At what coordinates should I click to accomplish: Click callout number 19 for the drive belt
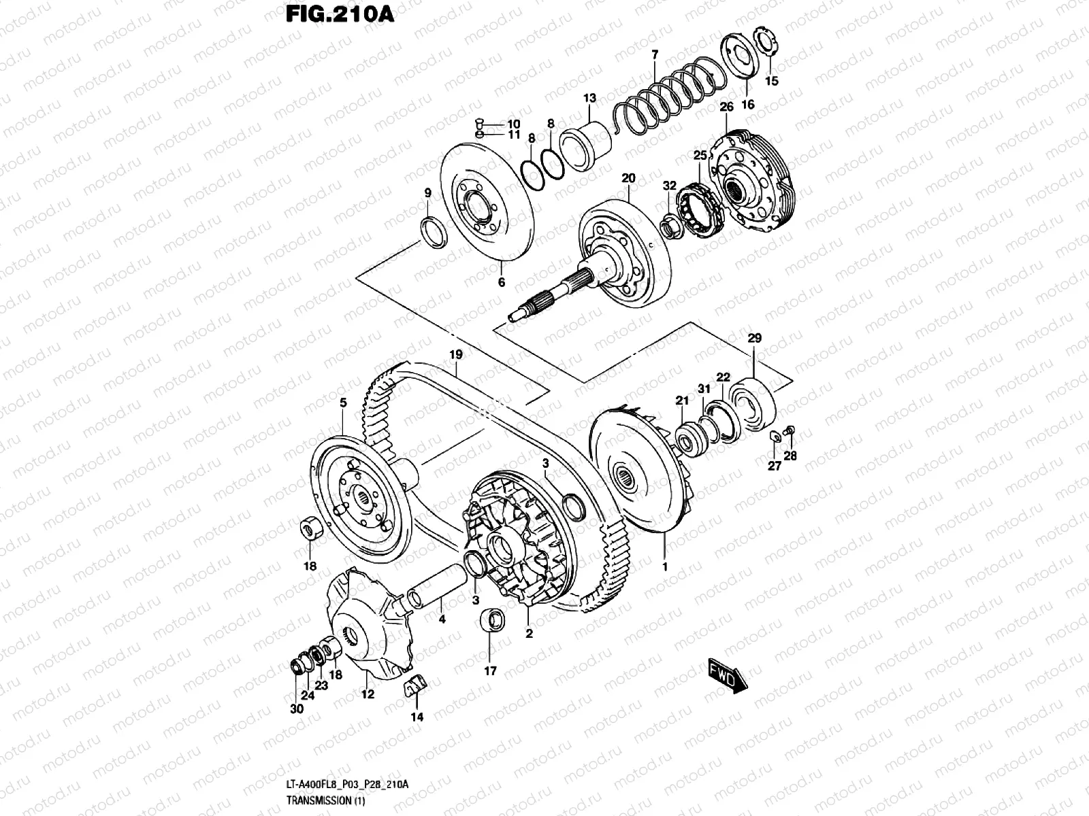(x=455, y=354)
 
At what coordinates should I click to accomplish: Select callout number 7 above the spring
(x=655, y=54)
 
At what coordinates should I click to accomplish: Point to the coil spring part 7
(x=670, y=92)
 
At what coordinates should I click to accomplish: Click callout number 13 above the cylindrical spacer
(x=589, y=99)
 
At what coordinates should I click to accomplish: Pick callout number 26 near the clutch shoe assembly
(x=726, y=107)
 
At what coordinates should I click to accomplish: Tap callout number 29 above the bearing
(x=754, y=338)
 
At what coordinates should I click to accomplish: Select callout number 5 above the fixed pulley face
(x=343, y=403)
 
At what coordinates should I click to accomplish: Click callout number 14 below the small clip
(x=417, y=717)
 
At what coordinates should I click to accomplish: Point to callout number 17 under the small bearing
(x=490, y=671)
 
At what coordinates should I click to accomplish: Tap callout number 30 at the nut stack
(x=296, y=709)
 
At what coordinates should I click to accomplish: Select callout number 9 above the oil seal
(x=428, y=193)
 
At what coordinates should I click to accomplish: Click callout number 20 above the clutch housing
(x=628, y=178)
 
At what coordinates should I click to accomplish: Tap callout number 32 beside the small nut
(x=670, y=186)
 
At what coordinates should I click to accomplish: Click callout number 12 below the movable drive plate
(x=368, y=694)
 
